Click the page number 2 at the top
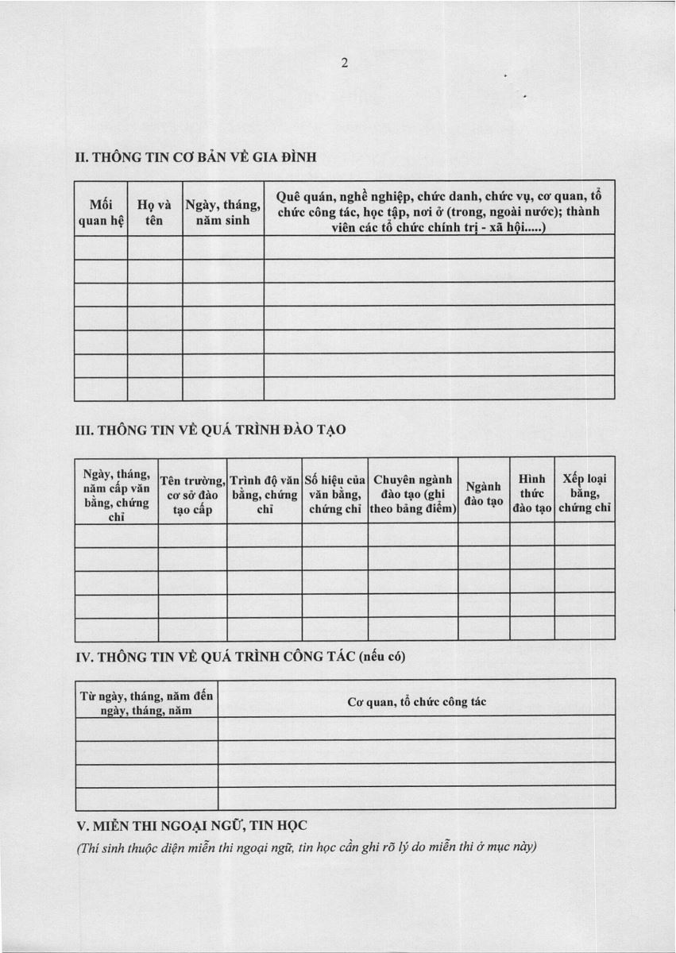(345, 64)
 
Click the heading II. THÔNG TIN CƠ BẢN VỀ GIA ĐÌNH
(195, 156)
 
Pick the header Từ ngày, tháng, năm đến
(147, 703)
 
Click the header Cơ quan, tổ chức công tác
(416, 702)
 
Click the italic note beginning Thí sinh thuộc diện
(306, 846)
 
